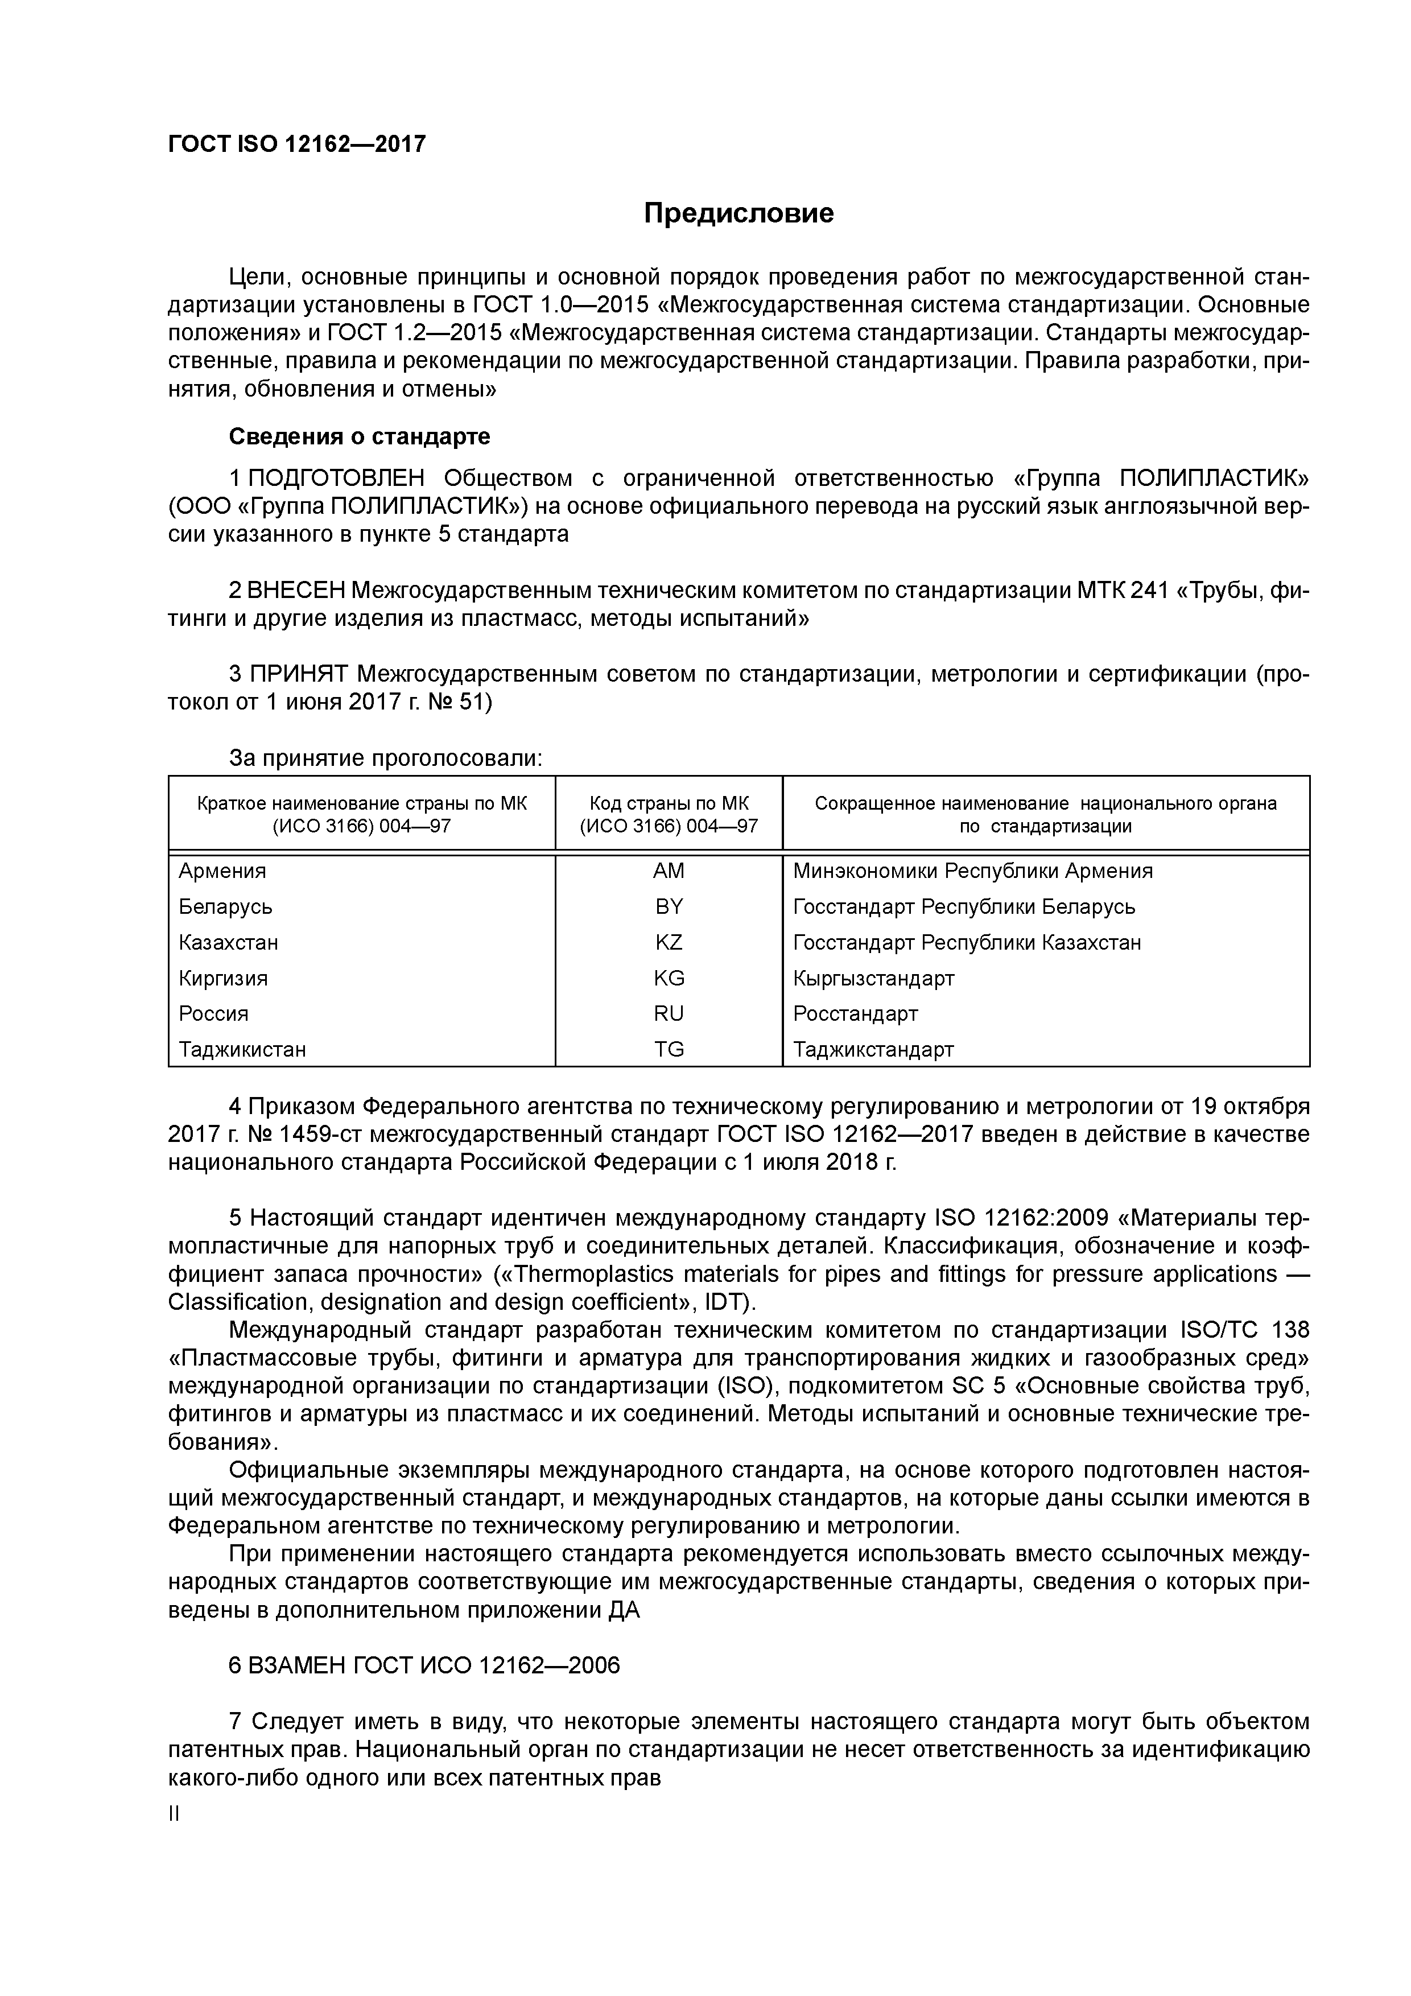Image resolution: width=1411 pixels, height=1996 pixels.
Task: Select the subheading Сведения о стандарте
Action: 359,436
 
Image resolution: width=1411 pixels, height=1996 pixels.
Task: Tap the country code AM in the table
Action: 669,871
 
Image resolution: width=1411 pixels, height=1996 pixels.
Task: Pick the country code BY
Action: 669,907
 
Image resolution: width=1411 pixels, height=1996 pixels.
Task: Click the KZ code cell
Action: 669,942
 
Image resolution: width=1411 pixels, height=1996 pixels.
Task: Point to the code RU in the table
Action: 669,1014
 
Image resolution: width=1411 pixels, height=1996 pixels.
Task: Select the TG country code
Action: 669,1049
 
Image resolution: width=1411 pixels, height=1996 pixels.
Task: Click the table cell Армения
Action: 222,871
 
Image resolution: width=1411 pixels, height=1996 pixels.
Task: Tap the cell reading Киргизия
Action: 224,978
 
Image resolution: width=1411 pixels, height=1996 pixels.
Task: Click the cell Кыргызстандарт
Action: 874,978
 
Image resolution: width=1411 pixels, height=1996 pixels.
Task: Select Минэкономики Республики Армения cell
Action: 973,871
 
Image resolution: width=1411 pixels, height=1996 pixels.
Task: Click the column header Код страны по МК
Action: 669,804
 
